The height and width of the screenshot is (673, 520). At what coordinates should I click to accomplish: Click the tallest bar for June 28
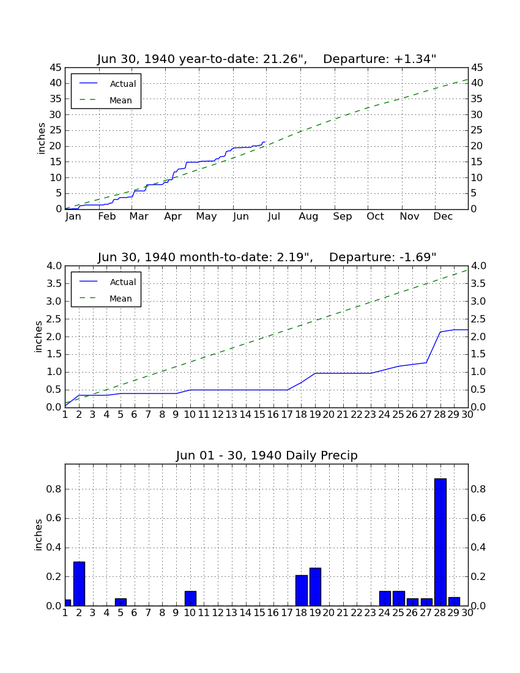tap(440, 542)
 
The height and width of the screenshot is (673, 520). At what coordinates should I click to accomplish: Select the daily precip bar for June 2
tap(79, 584)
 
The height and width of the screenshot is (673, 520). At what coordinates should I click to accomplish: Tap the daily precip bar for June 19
tap(315, 587)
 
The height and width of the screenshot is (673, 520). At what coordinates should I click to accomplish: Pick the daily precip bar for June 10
tap(190, 598)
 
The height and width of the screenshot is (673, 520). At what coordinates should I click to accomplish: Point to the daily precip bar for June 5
tap(121, 602)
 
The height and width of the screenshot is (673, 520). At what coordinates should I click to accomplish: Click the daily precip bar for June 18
tap(302, 590)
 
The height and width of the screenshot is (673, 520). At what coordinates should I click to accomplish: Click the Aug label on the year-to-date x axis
tap(308, 217)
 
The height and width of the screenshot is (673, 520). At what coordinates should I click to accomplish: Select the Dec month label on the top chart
tap(443, 217)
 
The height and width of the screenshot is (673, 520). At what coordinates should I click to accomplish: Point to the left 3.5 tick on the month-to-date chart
tap(54, 284)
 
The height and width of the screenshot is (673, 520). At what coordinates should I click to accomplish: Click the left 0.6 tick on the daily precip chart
tap(54, 518)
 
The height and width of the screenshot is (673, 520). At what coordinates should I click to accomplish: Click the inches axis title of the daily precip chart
tap(39, 535)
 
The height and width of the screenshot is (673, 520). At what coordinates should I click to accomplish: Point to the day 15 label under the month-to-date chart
tap(259, 415)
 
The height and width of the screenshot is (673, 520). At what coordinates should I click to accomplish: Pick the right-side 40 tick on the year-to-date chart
tap(477, 83)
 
